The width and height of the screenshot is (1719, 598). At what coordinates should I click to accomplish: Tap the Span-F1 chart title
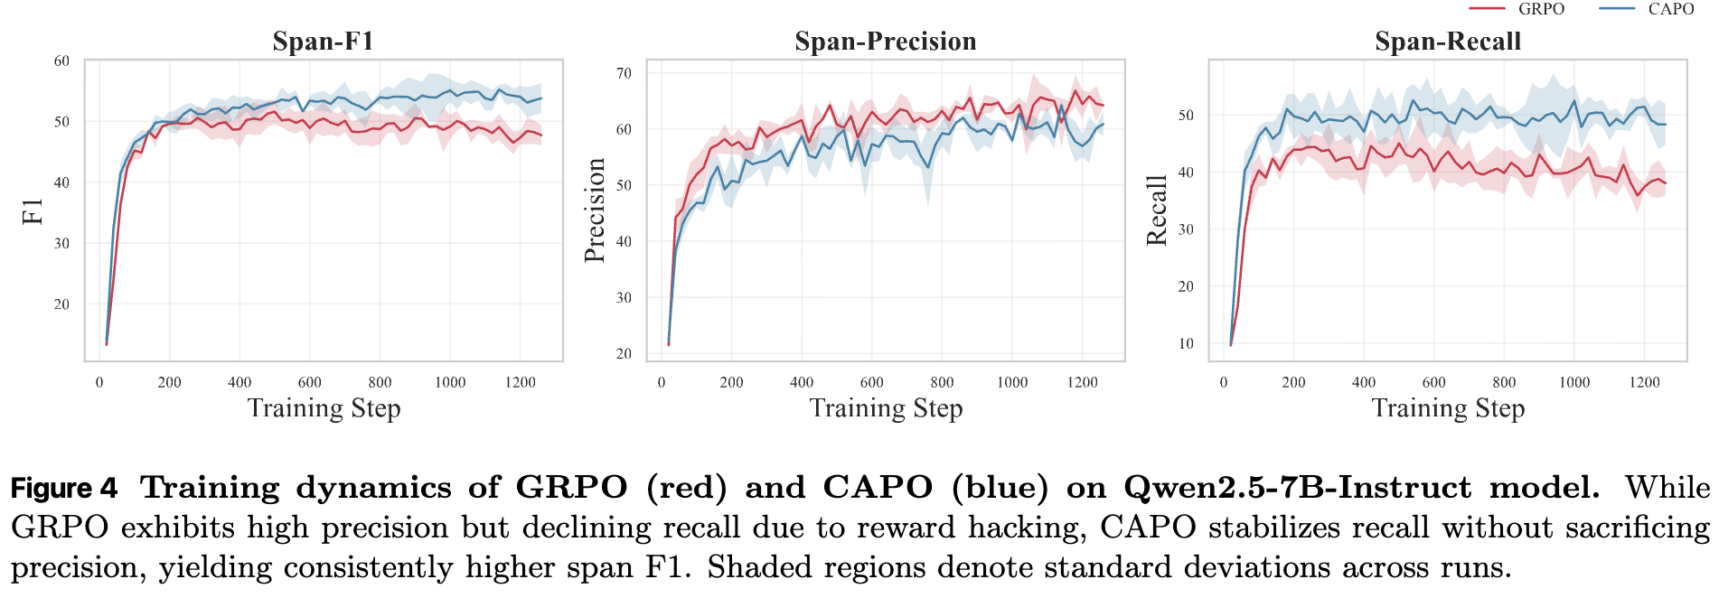click(x=323, y=42)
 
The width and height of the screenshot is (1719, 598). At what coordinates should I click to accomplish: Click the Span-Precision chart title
click(x=885, y=42)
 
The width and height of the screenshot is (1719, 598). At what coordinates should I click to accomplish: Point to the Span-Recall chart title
click(x=1447, y=42)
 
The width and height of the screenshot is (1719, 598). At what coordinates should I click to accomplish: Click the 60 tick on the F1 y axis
click(x=61, y=61)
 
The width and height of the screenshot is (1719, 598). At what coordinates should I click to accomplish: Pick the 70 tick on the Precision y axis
click(x=624, y=73)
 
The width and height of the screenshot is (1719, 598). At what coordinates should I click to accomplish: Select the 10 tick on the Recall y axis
click(x=1186, y=343)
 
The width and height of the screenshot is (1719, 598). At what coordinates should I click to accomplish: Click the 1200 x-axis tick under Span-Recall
click(x=1644, y=382)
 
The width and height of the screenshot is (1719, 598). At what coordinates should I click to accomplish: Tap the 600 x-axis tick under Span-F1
click(x=310, y=382)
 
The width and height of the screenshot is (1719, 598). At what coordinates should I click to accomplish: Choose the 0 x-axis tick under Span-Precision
click(x=662, y=382)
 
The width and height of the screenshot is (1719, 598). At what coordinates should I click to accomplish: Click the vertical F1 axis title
click(x=33, y=211)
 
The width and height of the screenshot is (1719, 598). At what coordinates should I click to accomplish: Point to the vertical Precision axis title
click(x=595, y=210)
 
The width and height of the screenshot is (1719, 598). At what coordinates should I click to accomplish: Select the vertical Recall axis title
click(x=1157, y=210)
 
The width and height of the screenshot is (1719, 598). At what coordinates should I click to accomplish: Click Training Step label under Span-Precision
click(x=886, y=408)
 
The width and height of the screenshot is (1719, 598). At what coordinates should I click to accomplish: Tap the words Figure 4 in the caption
click(x=64, y=489)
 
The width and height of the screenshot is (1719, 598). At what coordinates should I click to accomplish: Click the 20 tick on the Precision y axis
click(x=624, y=353)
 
